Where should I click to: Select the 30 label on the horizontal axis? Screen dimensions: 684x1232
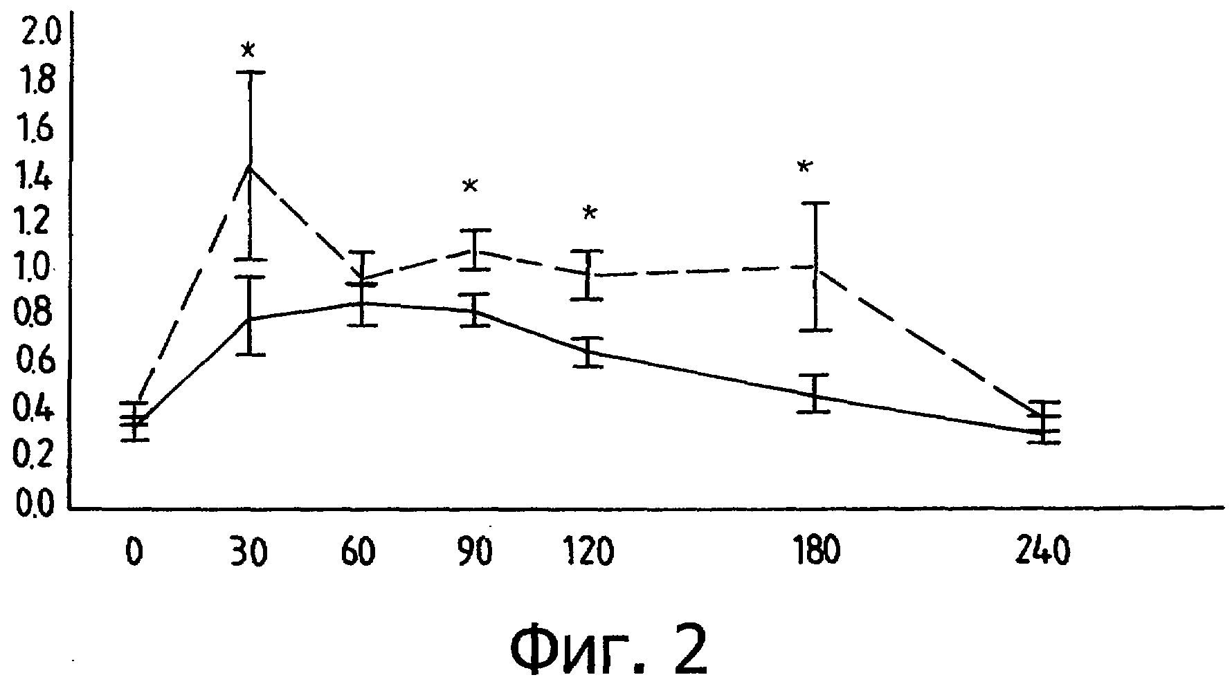point(248,553)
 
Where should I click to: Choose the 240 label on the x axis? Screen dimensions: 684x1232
point(1042,553)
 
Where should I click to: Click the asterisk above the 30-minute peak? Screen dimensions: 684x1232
point(248,50)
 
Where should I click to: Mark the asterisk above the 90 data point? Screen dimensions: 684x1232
point(470,185)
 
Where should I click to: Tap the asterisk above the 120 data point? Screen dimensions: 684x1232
point(589,212)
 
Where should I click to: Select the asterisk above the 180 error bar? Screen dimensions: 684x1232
point(804,167)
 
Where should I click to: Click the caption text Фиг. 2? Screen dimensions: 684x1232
point(609,650)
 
